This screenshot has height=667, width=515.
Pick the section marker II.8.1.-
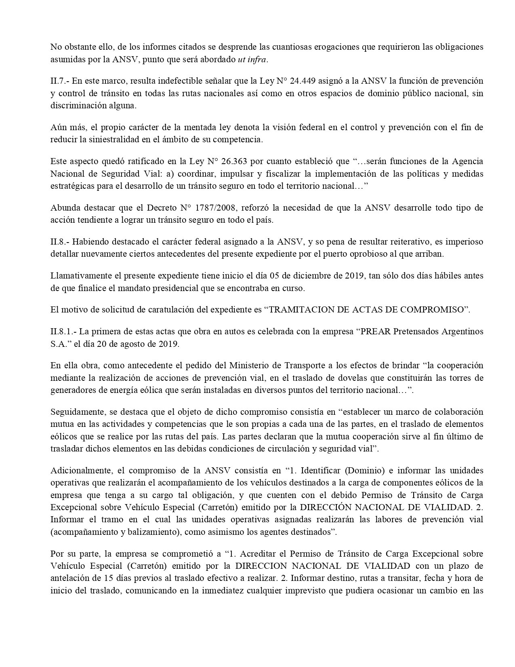[x=63, y=332]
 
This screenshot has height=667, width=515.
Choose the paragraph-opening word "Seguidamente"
[x=76, y=412]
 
